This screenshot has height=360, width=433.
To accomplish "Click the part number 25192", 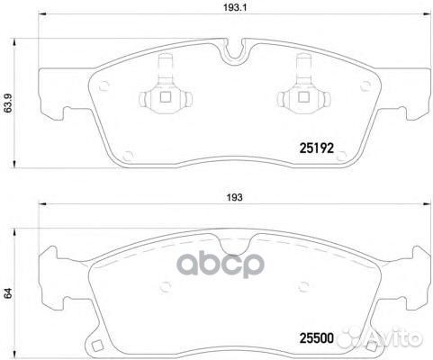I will coord(315,148).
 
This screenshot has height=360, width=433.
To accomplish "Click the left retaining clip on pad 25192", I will coord(167,89).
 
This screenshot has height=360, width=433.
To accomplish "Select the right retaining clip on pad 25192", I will coord(299,89).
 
